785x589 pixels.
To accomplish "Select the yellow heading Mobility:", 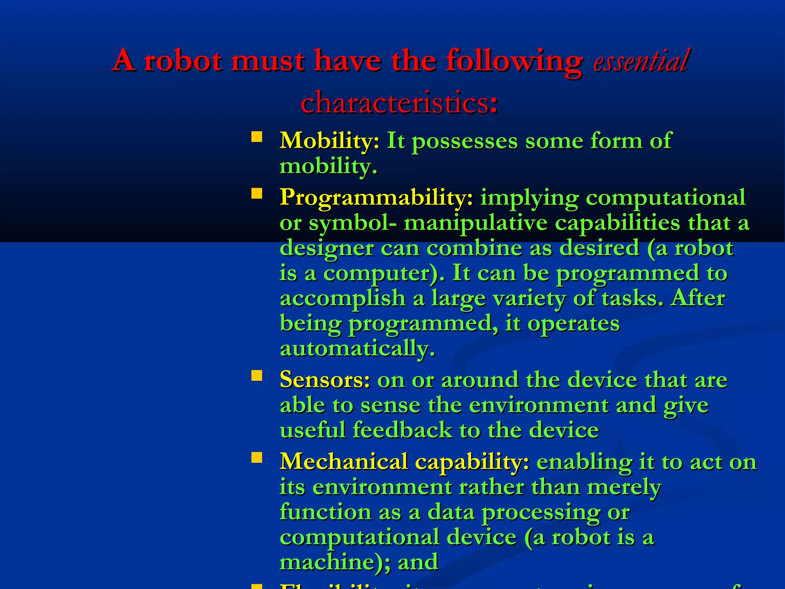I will pos(329,140).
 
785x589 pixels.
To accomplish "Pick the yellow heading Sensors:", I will pos(325,380).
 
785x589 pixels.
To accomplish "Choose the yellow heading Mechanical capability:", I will pos(404,461).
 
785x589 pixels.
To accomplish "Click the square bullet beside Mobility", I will pos(257,137).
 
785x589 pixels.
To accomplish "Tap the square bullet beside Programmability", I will pos(257,193).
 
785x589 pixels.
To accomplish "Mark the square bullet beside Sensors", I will pos(257,375).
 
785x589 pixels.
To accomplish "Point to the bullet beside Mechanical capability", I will pos(257,457).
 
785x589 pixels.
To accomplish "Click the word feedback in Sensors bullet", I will pos(402,430).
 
